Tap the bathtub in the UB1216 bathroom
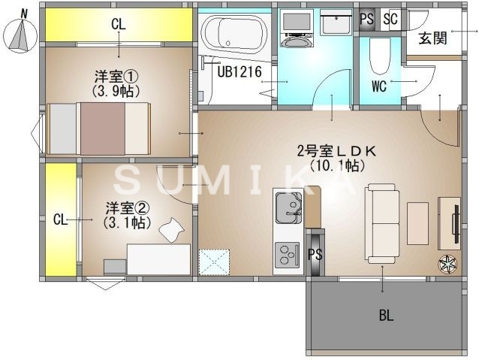[233, 34]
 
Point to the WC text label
[378, 86]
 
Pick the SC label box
[390, 20]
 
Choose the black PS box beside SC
[367, 20]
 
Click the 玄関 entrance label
[433, 38]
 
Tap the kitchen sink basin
[288, 206]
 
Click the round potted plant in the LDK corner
[447, 263]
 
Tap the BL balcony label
[385, 315]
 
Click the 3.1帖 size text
[125, 222]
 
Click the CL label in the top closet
[119, 24]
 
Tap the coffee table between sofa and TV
[417, 222]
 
